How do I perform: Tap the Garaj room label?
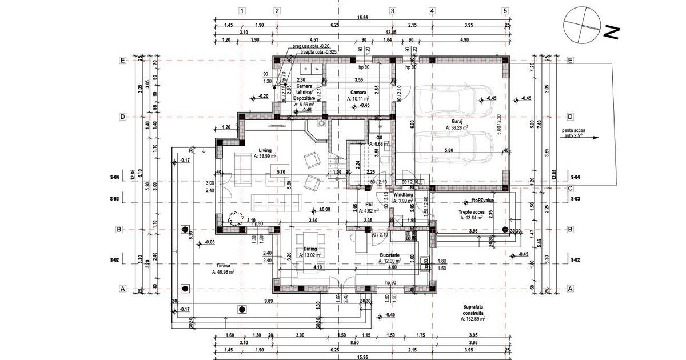pos(456,122)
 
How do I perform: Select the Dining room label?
pos(310,249)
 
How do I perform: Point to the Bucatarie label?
pos(389,255)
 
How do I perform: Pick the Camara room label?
pos(358,93)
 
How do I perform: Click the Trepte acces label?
pos(469,211)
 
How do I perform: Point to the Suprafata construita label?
pos(474,310)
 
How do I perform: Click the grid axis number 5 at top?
pos(505,11)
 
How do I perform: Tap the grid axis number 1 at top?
pos(242,11)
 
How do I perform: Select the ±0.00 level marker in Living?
pos(324,210)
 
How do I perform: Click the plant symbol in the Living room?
pos(233,218)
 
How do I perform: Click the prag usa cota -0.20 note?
pos(311,46)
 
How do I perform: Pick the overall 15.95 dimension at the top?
pos(362,18)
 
